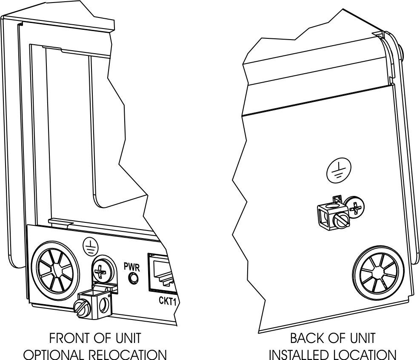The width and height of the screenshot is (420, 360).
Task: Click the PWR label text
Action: coord(132,267)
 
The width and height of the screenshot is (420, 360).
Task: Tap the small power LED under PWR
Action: coord(133,278)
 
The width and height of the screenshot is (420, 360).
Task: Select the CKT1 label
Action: coord(167,301)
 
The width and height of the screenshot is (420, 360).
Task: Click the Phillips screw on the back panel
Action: coord(355,207)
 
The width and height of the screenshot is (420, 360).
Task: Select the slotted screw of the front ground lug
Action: coord(81,308)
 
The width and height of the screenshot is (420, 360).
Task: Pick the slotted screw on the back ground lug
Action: coord(341,221)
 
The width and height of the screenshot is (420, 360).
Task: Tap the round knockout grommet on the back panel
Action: coord(378,273)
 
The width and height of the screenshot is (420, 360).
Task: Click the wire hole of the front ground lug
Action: coord(103,305)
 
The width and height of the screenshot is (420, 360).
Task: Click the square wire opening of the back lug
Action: coord(323,216)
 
